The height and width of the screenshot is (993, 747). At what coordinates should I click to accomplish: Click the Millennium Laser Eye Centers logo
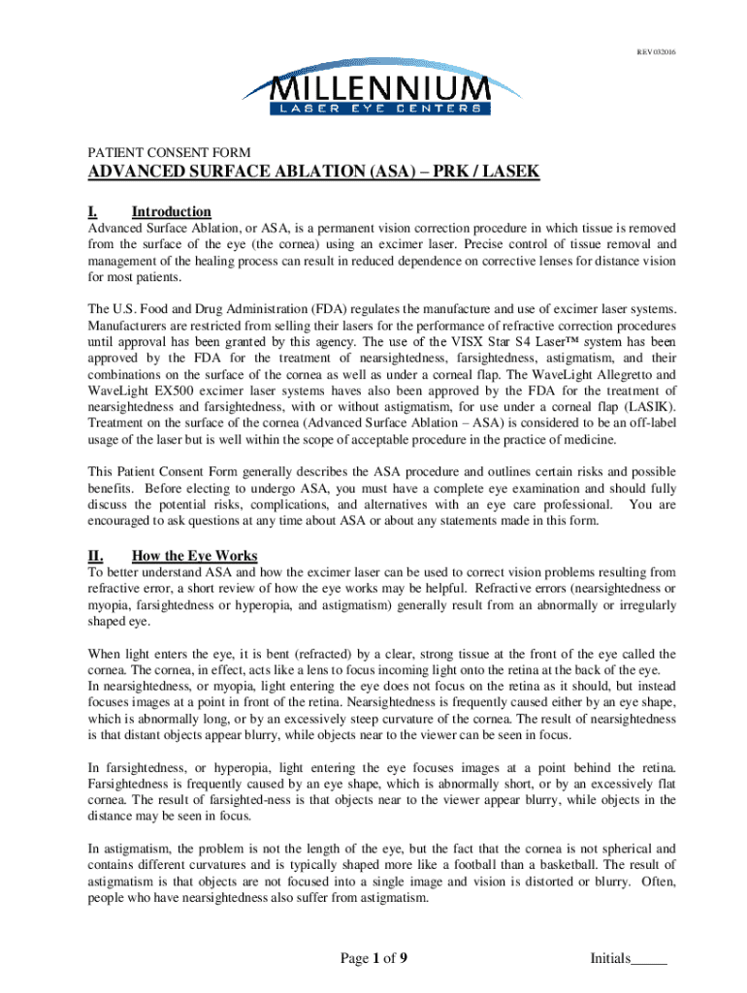[x=373, y=89]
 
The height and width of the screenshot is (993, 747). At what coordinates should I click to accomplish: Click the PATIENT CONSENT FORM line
[x=170, y=152]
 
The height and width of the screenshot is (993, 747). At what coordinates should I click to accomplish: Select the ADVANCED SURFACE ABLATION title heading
[x=314, y=174]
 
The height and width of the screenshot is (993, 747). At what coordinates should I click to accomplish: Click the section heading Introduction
[x=171, y=211]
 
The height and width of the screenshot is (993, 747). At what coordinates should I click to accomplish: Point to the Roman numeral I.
[x=93, y=211]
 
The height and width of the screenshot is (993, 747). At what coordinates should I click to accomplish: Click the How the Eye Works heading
[x=194, y=556]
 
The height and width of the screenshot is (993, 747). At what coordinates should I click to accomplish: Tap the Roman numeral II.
[x=96, y=556]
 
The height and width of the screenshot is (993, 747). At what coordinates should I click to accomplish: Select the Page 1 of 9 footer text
[x=373, y=960]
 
